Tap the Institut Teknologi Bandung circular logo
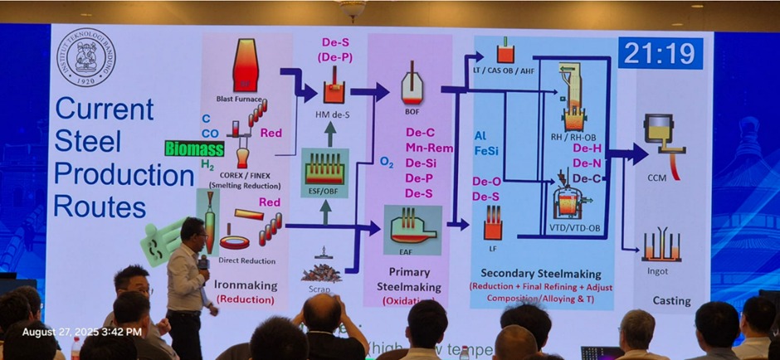(86, 57)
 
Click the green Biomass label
(194, 148)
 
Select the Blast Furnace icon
(245, 66)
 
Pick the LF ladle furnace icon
(494, 223)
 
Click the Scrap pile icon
(321, 270)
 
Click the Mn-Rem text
(429, 148)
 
